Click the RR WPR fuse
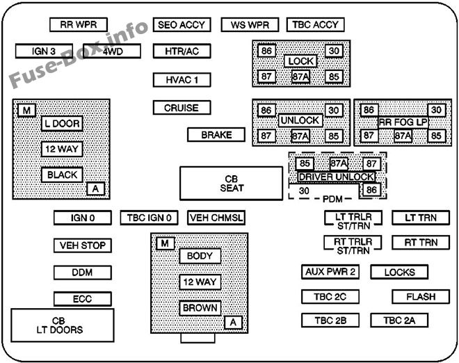77,24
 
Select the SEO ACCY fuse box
182,24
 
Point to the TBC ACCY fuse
316,24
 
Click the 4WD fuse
114,51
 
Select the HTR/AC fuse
182,51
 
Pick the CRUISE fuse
182,108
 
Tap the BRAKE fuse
216,135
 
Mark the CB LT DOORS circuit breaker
62,325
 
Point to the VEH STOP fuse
82,245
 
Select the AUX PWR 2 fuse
330,272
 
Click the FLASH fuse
421,297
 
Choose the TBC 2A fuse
399,321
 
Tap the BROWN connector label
200,307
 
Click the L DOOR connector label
62,124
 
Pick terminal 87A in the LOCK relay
300,76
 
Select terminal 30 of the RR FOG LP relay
436,110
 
